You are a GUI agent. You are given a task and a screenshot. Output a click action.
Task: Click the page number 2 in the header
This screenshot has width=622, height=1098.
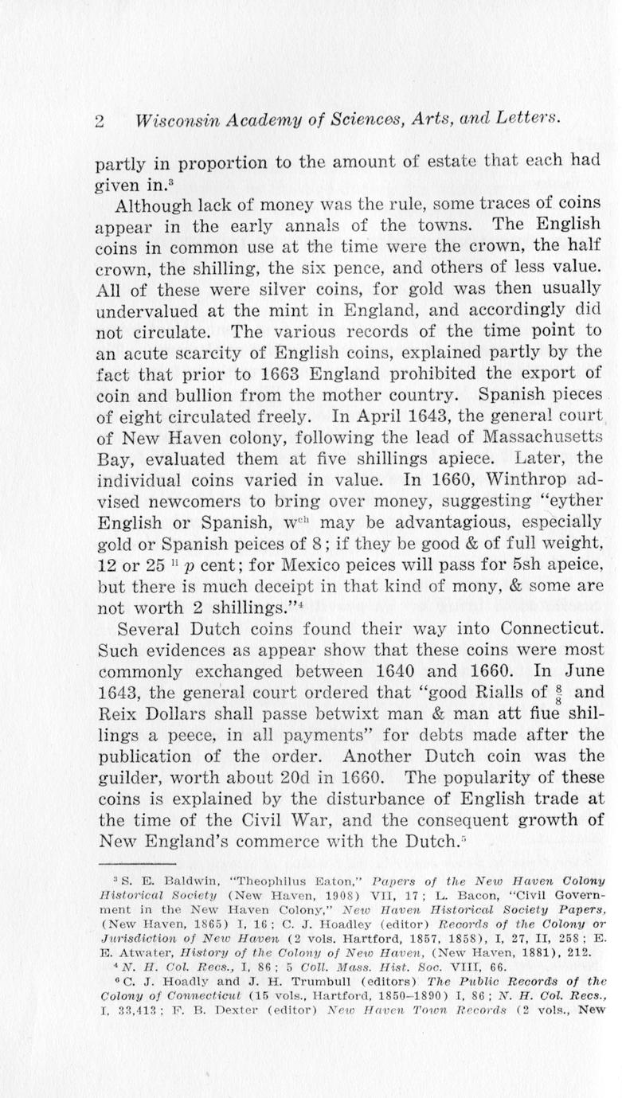point(100,121)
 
